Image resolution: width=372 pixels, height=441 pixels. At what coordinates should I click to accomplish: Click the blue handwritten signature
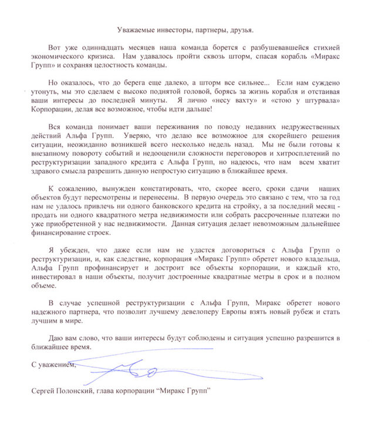click(141, 368)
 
